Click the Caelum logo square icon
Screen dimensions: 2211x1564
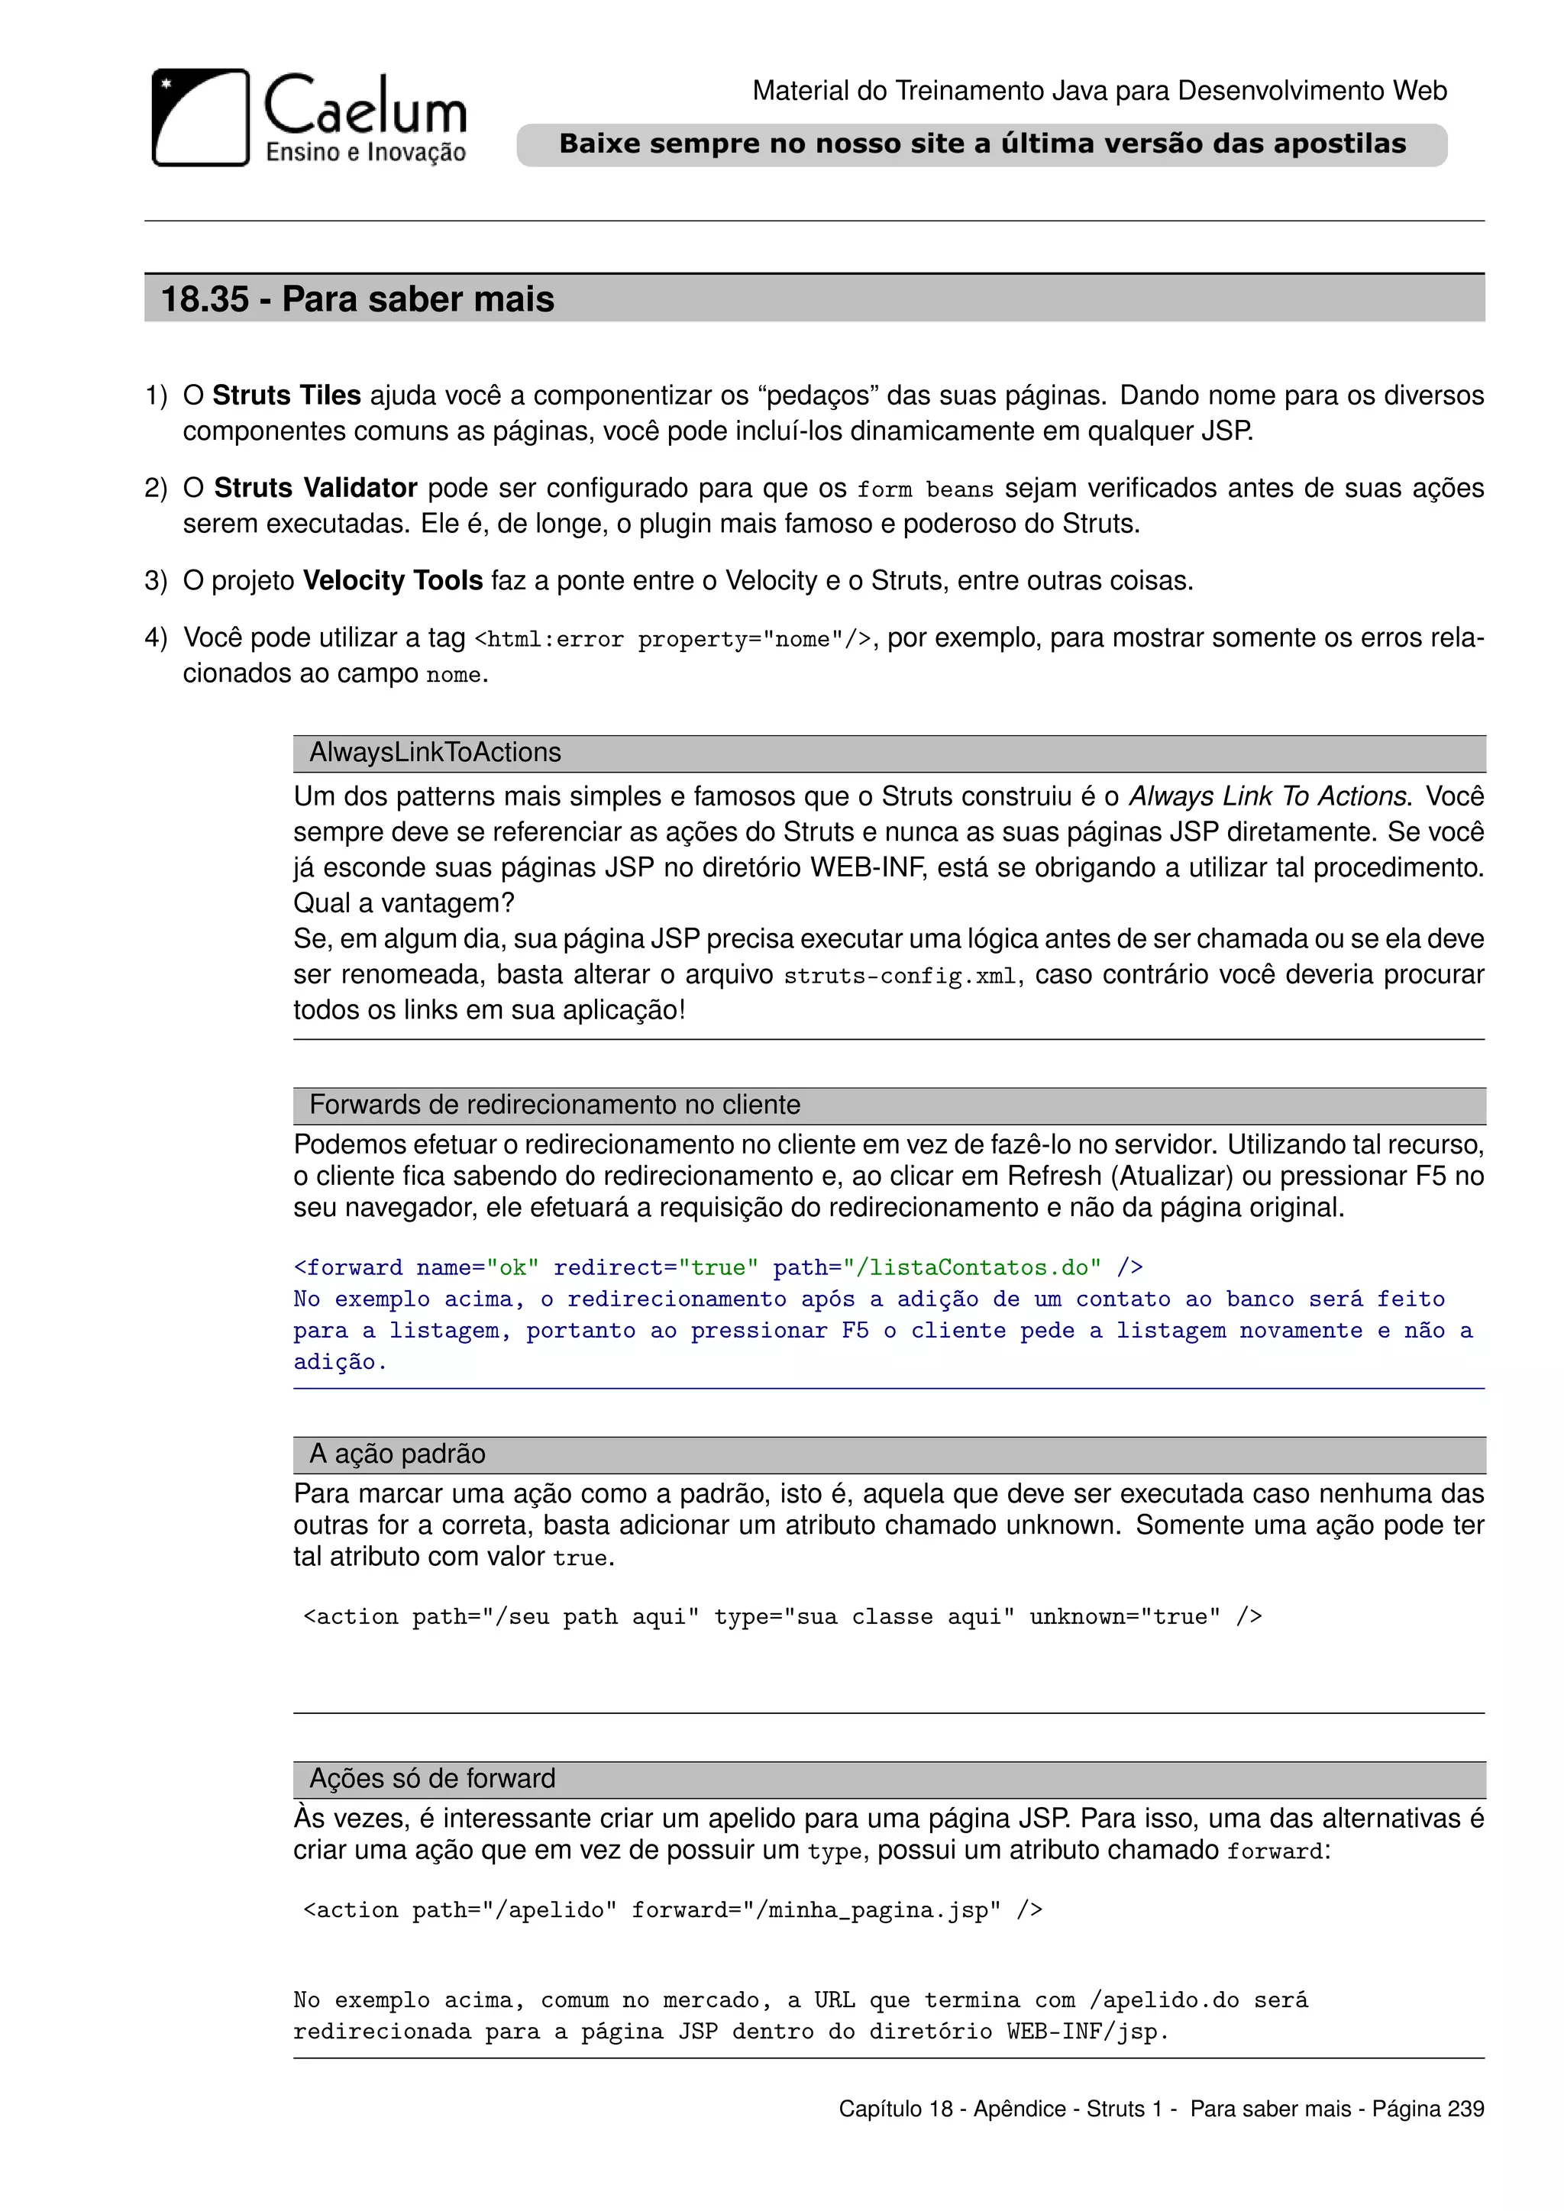coord(200,117)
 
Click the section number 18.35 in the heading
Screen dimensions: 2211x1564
coord(204,299)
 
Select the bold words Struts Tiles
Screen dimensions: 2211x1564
coord(286,395)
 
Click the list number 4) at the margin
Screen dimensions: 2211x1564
coord(156,638)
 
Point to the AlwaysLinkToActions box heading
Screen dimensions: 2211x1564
coord(435,753)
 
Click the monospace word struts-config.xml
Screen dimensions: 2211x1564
coord(900,976)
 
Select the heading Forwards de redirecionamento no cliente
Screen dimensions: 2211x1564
coord(554,1105)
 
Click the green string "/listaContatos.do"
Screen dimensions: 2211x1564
coord(971,1268)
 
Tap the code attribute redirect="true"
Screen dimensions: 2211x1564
coord(656,1268)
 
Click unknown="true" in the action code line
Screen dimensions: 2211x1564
coord(1124,1617)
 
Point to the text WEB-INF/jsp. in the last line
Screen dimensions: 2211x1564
coord(1087,2032)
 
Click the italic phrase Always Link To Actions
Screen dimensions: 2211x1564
coord(1268,796)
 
